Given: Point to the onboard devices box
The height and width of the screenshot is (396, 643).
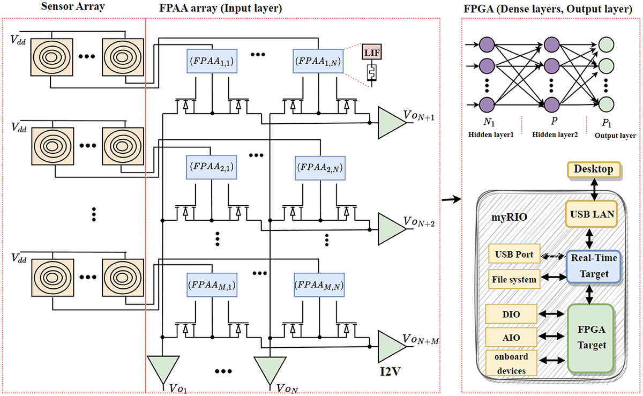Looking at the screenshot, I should [511, 364].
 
